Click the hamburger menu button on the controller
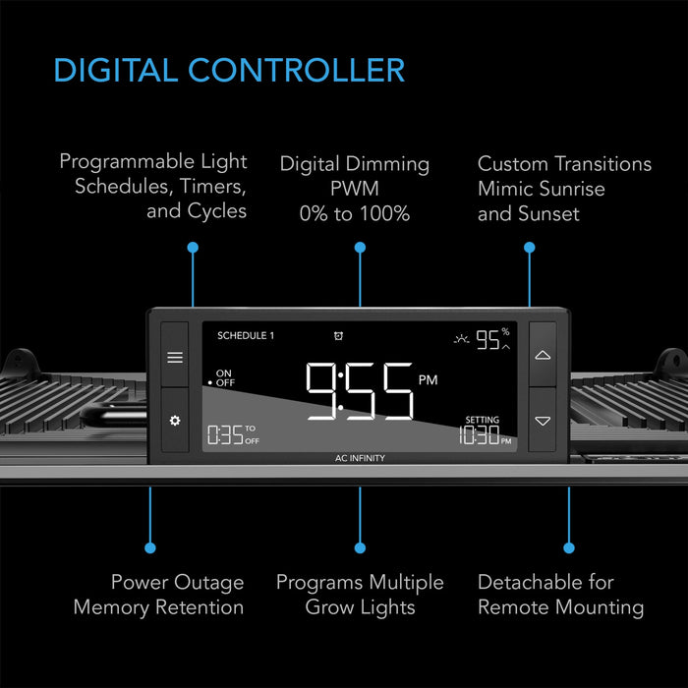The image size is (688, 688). click(x=175, y=357)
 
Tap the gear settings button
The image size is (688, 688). click(x=175, y=421)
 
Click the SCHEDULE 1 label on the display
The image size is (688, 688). click(x=246, y=336)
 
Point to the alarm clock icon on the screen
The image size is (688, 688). click(x=338, y=336)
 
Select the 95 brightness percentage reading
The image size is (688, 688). click(x=487, y=340)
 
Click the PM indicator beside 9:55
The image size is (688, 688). click(x=428, y=380)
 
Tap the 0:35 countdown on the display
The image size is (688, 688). click(x=225, y=434)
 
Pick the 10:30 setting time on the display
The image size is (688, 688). click(x=480, y=434)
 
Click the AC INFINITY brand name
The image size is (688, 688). click(x=360, y=458)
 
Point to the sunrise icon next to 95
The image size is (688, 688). click(x=461, y=339)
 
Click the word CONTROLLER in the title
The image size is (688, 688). click(x=296, y=70)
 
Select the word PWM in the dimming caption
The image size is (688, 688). click(x=355, y=189)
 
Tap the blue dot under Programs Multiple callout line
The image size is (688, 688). click(x=360, y=547)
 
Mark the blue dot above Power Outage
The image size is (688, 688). click(x=150, y=547)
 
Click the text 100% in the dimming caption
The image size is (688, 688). click(x=385, y=213)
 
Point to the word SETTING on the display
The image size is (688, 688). click(x=483, y=420)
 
